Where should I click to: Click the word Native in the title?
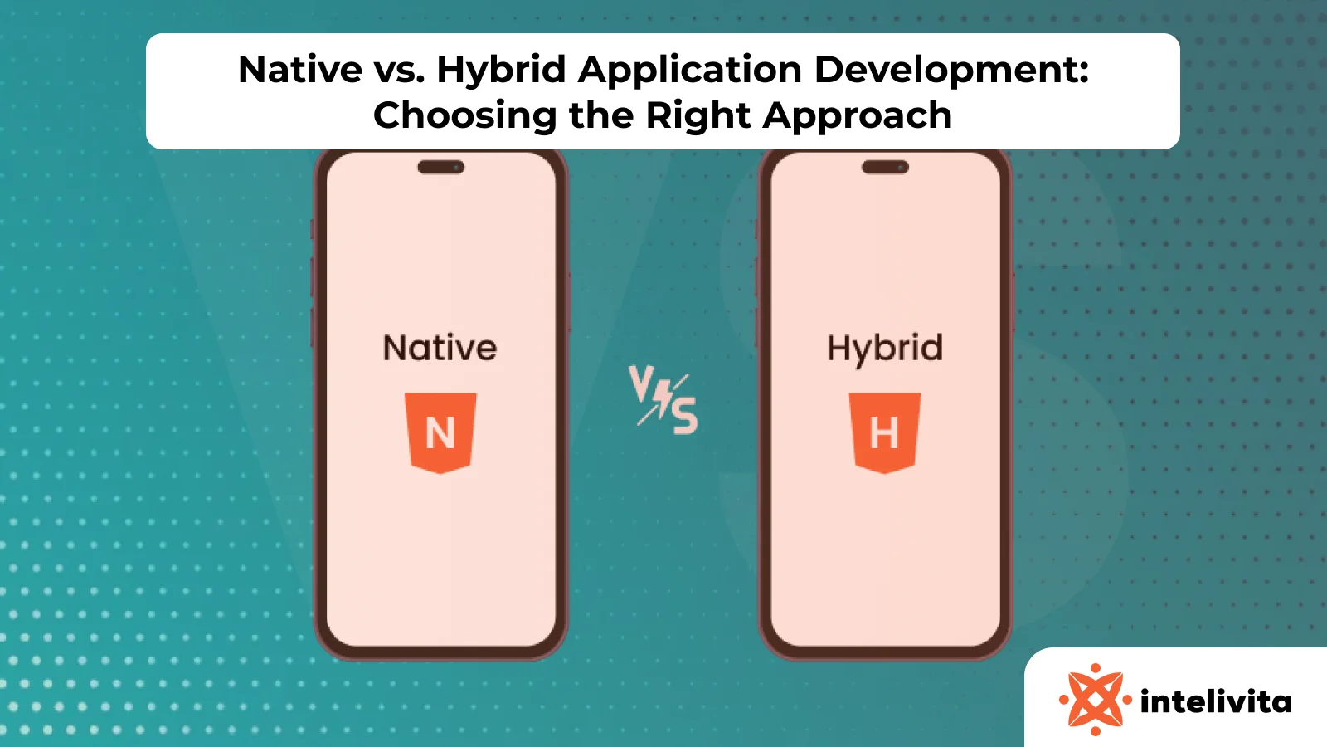[x=300, y=70]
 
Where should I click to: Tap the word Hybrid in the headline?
[x=502, y=70]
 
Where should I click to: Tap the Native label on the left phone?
[x=440, y=348]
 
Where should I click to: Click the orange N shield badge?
[x=440, y=432]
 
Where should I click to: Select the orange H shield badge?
[x=885, y=432]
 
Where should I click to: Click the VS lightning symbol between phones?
[x=663, y=400]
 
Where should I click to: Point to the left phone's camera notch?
[x=441, y=168]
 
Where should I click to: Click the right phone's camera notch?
[x=885, y=168]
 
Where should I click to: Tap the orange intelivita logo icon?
[x=1096, y=700]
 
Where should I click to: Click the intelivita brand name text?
[x=1216, y=702]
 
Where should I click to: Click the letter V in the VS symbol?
[x=641, y=383]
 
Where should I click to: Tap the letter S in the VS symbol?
[x=685, y=416]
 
